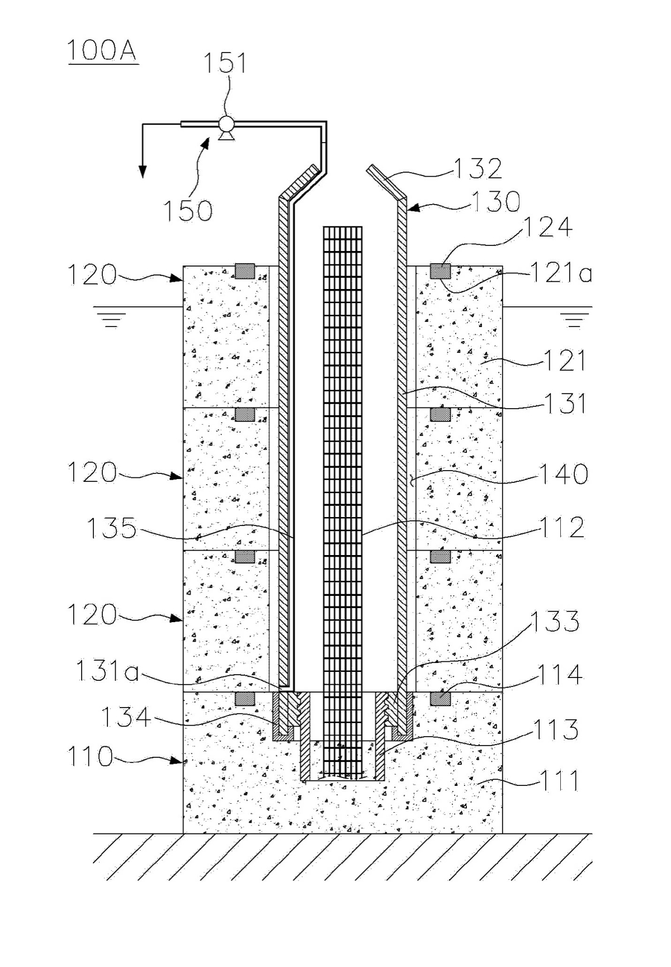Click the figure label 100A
coord(103,51)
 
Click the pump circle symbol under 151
coord(226,124)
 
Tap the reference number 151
coord(224,63)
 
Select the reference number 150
coord(188,211)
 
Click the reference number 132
coord(478,169)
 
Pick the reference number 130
coord(496,202)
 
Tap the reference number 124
coord(548,227)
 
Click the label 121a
coord(561,273)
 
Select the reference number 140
coord(563,474)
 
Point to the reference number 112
coord(561,527)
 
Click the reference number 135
coord(111,528)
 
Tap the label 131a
coord(107,671)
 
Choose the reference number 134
coord(126,717)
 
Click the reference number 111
coord(559,780)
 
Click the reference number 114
coord(560,675)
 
